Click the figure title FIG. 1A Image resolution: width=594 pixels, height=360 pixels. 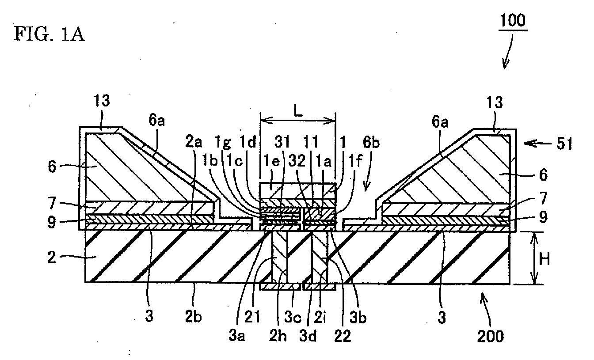(x=49, y=34)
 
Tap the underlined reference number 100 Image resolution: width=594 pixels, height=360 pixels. (x=513, y=20)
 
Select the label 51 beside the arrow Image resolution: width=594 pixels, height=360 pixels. (x=564, y=144)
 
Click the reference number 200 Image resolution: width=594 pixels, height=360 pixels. (x=490, y=336)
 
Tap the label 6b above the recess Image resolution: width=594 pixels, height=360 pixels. (x=371, y=143)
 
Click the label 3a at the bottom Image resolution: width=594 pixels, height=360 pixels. (x=236, y=336)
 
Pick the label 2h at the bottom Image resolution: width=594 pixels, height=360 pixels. (x=278, y=336)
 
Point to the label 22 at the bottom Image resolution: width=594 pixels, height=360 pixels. (x=343, y=336)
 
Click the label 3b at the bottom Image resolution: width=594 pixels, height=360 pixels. (x=358, y=317)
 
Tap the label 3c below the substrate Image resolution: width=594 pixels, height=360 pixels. (x=293, y=317)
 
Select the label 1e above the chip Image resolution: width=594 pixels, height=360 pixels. (x=272, y=160)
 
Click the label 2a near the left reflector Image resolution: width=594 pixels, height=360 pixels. (x=193, y=142)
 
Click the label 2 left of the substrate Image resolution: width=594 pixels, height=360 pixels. (x=52, y=257)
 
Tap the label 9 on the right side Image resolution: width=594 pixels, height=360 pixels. (x=543, y=217)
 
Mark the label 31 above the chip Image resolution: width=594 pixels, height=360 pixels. (x=282, y=142)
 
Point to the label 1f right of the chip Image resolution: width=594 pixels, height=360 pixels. (x=355, y=160)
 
